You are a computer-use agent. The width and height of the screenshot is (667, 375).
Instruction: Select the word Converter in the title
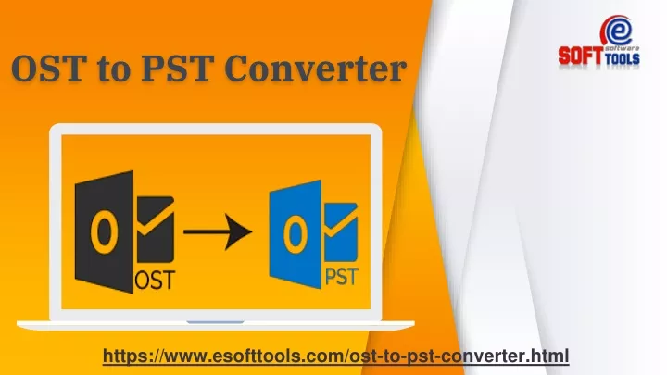tap(315, 69)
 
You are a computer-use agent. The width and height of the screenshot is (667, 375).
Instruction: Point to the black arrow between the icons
tap(218, 231)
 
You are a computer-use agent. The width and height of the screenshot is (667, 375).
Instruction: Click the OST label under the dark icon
tap(155, 280)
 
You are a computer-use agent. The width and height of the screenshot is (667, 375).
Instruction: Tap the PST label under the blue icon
tap(342, 276)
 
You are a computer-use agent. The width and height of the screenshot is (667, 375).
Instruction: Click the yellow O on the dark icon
tap(104, 232)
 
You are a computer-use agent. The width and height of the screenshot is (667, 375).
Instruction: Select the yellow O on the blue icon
tap(296, 234)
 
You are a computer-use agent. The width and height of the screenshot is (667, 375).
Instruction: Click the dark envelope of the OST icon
tap(156, 230)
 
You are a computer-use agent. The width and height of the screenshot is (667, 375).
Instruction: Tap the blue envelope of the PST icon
tap(341, 232)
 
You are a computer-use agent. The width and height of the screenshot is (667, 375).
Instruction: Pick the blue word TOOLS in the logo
tap(622, 58)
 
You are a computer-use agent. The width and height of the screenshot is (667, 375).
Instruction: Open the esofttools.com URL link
tap(336, 356)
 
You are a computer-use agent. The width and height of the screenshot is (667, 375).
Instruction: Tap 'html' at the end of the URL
tap(550, 355)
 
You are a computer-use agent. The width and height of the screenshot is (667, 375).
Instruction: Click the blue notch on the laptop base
tap(215, 322)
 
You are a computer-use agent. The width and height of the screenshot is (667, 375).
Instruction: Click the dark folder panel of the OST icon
tap(104, 232)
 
